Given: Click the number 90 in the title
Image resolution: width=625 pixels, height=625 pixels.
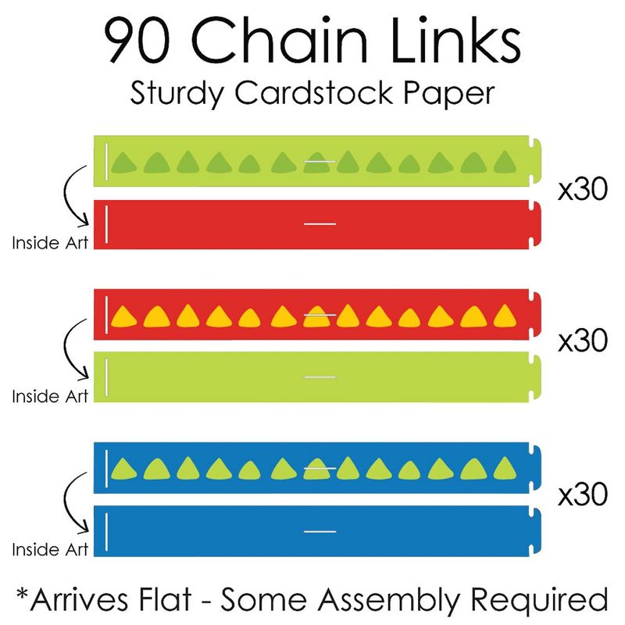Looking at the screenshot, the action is (x=137, y=41).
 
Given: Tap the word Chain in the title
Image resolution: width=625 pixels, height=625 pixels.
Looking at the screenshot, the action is (x=280, y=39).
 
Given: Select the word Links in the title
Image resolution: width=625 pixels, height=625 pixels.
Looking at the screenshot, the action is (x=455, y=39).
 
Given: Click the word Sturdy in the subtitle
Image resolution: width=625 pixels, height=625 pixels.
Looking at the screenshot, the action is (x=177, y=94).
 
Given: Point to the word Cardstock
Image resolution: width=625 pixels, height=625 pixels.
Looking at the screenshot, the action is (x=314, y=92).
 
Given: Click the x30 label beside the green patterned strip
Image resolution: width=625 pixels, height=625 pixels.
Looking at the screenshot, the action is (x=583, y=189).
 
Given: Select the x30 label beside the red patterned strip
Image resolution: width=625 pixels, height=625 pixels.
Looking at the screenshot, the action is (x=583, y=341).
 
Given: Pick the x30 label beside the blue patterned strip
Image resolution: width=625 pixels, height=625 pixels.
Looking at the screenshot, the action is (x=583, y=495).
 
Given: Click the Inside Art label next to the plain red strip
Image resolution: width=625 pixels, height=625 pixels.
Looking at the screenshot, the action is (x=50, y=243).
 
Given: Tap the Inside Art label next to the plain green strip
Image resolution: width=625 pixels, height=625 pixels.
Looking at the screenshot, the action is (x=50, y=396).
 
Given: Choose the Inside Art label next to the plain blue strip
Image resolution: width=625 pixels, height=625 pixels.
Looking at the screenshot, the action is (x=50, y=550).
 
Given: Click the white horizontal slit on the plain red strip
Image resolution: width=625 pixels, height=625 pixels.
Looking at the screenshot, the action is (x=320, y=224).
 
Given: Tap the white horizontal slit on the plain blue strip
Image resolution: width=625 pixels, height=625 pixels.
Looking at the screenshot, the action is (x=320, y=531).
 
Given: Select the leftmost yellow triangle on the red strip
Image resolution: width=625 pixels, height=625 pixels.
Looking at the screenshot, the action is (x=123, y=317).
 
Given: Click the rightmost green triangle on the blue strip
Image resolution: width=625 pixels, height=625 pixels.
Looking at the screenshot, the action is (x=505, y=468).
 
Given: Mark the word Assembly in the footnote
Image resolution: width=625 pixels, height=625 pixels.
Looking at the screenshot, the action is (x=388, y=600).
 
